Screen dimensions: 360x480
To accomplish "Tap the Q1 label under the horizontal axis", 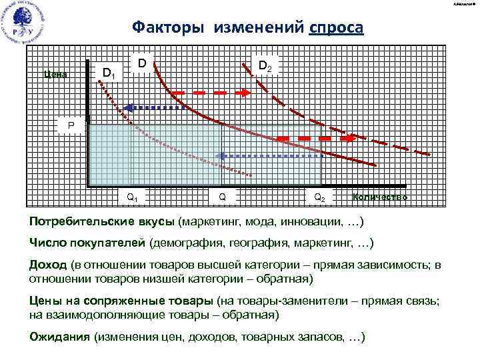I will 133,198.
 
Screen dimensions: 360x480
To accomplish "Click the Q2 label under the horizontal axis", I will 319,198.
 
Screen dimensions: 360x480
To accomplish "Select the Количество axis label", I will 379,198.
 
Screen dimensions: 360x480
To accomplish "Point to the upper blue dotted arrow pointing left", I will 155,107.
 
